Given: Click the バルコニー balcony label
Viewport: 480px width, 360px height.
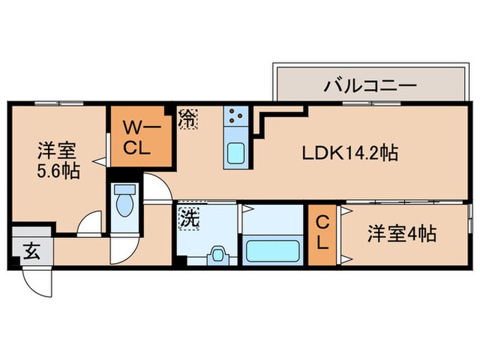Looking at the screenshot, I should pos(370,86).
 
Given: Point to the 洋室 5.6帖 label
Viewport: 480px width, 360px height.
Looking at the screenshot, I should pos(58,160).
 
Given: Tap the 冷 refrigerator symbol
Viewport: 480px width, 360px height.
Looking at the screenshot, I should pos(187,119).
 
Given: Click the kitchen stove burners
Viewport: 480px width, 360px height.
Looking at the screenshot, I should pos(237,117).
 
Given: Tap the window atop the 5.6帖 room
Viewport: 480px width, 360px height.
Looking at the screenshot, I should pos(58,104).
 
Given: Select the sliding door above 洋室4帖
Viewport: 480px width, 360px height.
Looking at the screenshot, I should pos(405,203).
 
